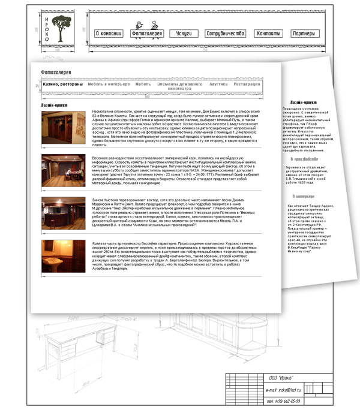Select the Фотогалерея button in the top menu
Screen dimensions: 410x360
point(147,34)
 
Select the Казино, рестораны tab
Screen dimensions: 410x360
point(62,85)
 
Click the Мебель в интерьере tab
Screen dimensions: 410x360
point(109,85)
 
